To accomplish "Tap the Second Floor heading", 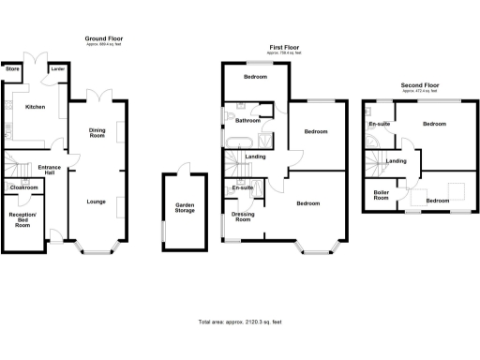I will click(419, 85).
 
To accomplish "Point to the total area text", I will click(240, 322).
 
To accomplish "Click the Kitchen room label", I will click(35, 107).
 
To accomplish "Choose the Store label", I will click(13, 69).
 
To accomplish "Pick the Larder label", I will click(58, 69).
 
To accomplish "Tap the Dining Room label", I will click(97, 132).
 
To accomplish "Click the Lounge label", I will click(96, 202).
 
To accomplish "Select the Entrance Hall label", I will click(49, 170).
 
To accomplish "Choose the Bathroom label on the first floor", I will click(247, 121).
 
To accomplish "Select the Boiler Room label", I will click(382, 196).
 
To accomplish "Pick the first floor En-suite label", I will click(242, 188).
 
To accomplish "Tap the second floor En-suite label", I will click(379, 124).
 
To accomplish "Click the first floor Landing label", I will click(254, 156).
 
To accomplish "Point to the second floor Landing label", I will click(397, 161).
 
